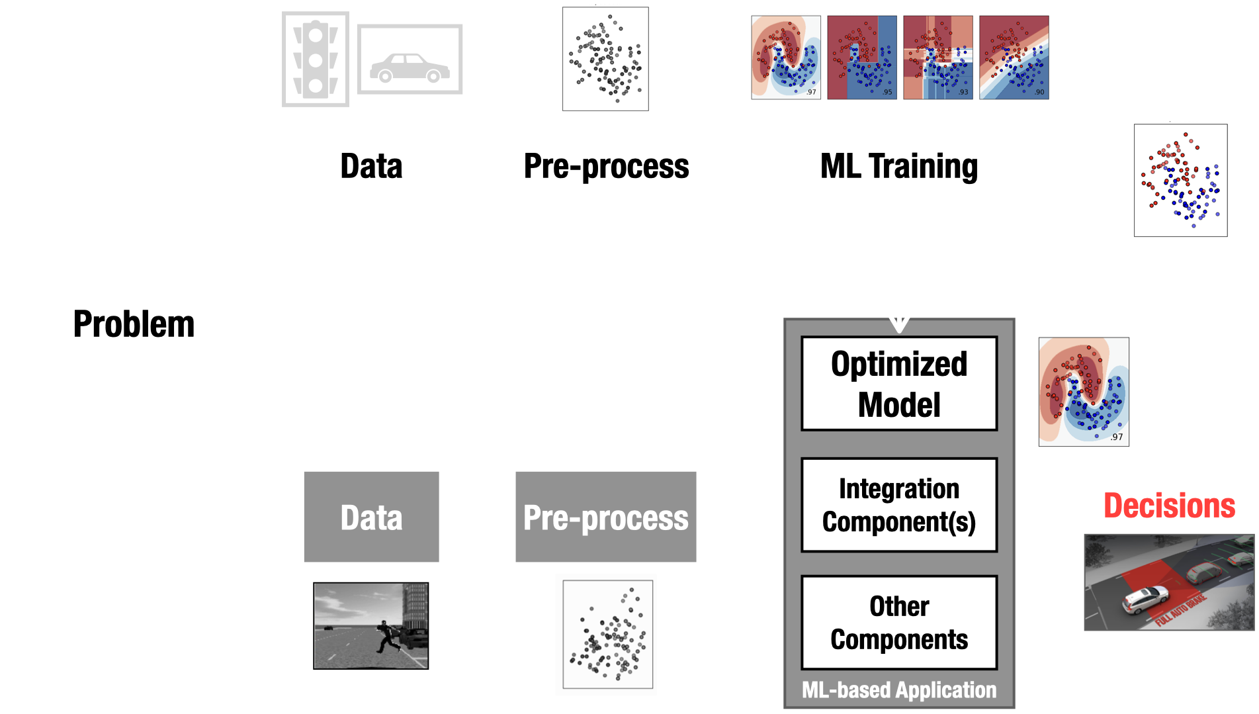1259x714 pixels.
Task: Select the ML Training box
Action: (x=898, y=165)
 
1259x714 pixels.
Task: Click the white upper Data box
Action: (x=371, y=165)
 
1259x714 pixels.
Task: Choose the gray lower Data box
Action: (x=371, y=517)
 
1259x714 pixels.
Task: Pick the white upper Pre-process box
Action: (x=606, y=165)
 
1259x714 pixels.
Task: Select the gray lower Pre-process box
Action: (x=606, y=517)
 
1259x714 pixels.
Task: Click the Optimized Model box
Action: (x=898, y=384)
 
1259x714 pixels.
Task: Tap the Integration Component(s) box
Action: (x=898, y=505)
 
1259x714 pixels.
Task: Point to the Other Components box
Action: (x=898, y=623)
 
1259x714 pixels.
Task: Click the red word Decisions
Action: (x=1169, y=506)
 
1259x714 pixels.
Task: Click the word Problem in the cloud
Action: (x=134, y=324)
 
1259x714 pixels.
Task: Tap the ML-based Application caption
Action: (x=898, y=690)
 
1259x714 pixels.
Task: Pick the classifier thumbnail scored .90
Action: (x=1014, y=58)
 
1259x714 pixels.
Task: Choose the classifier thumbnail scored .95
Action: (x=861, y=58)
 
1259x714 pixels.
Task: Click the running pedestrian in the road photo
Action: (x=385, y=635)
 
